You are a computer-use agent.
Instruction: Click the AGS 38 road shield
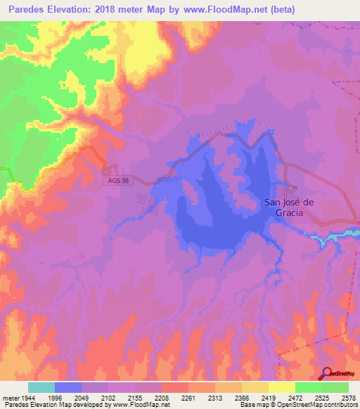(120, 181)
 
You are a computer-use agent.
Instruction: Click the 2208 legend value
(161, 398)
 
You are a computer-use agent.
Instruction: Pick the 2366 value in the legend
(241, 398)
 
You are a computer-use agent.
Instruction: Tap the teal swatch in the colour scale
(41, 387)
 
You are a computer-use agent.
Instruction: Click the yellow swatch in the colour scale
(281, 387)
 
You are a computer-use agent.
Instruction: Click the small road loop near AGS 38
(108, 169)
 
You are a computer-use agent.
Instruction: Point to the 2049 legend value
(81, 398)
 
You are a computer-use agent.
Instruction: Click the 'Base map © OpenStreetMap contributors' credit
(297, 405)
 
